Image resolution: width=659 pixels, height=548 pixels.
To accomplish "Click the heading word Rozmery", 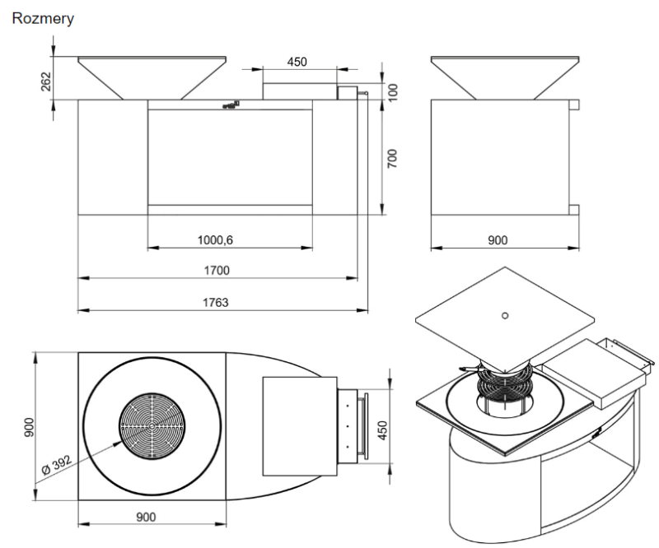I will [43, 18].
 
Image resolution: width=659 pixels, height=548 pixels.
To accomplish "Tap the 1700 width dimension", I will [217, 271].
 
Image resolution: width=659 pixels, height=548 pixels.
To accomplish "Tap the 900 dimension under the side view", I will [498, 239].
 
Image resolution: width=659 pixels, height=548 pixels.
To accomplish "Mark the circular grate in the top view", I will [152, 426].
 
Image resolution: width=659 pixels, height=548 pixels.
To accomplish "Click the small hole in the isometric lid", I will [506, 313].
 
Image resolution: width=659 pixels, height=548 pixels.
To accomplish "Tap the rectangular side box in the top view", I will [299, 426].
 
